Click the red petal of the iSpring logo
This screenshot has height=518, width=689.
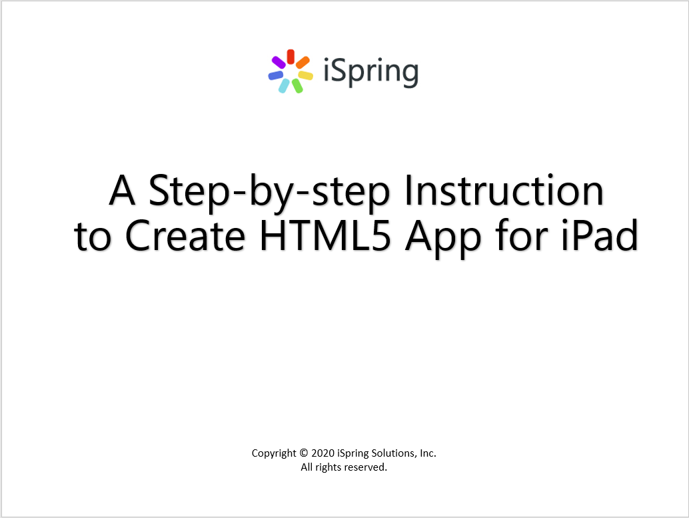[291, 57]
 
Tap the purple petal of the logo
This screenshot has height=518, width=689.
[279, 63]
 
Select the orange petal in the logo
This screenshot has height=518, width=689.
[303, 63]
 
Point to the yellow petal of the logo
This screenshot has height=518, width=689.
[306, 75]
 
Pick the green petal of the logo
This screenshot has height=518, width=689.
[297, 86]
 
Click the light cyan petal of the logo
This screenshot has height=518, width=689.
[284, 86]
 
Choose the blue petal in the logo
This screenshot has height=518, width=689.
[275, 75]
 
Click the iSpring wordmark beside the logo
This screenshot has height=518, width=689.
[371, 72]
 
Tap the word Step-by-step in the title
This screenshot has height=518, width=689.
[269, 191]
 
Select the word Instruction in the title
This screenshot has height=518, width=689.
[504, 191]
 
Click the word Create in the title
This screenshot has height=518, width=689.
[185, 236]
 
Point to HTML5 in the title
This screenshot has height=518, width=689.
[325, 236]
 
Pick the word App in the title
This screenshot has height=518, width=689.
[443, 238]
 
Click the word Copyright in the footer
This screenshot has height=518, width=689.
[274, 454]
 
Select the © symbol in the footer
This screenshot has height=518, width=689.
[304, 453]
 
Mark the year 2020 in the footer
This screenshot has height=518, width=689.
[323, 453]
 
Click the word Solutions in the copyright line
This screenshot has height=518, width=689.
[394, 453]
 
